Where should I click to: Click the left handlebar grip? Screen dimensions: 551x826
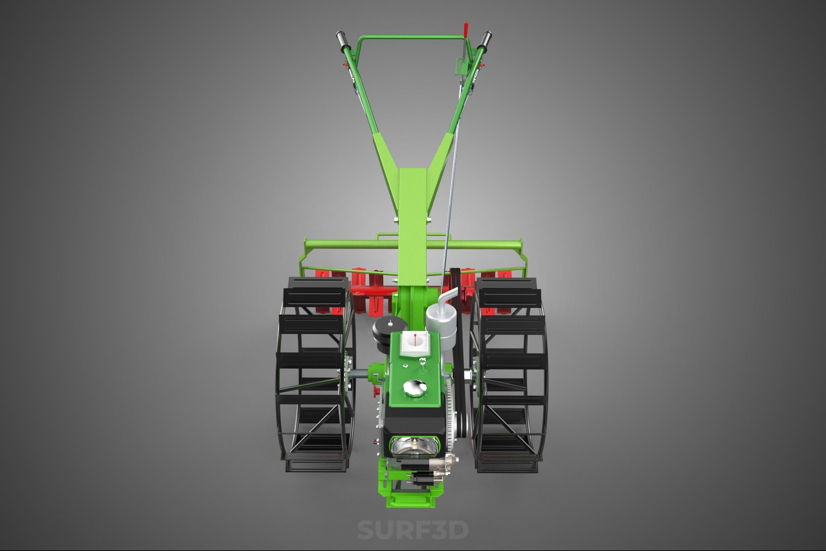(341, 39)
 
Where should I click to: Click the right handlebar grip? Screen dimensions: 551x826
(485, 39)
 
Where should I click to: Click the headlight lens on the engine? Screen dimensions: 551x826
(415, 447)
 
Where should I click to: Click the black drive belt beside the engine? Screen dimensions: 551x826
(460, 357)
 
